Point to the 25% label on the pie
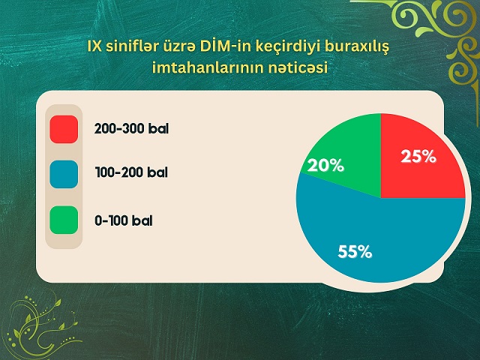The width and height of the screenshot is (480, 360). pyautogui.click(x=418, y=157)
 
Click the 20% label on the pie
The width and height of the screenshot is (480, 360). pyautogui.click(x=325, y=166)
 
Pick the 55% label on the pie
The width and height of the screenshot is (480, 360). pyautogui.click(x=355, y=252)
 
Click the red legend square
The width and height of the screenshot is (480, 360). pyautogui.click(x=64, y=129)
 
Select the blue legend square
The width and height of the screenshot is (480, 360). pyautogui.click(x=64, y=174)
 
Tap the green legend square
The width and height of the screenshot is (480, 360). pyautogui.click(x=64, y=220)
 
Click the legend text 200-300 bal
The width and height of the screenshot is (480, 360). pyautogui.click(x=131, y=128)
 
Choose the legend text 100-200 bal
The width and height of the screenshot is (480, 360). pyautogui.click(x=131, y=172)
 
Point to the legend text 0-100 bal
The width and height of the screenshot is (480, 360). pyautogui.click(x=123, y=220)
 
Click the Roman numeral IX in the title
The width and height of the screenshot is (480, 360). pyautogui.click(x=95, y=46)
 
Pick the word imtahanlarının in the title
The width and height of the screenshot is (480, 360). pyautogui.click(x=208, y=67)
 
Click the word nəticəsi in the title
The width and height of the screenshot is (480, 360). pyautogui.click(x=298, y=67)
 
